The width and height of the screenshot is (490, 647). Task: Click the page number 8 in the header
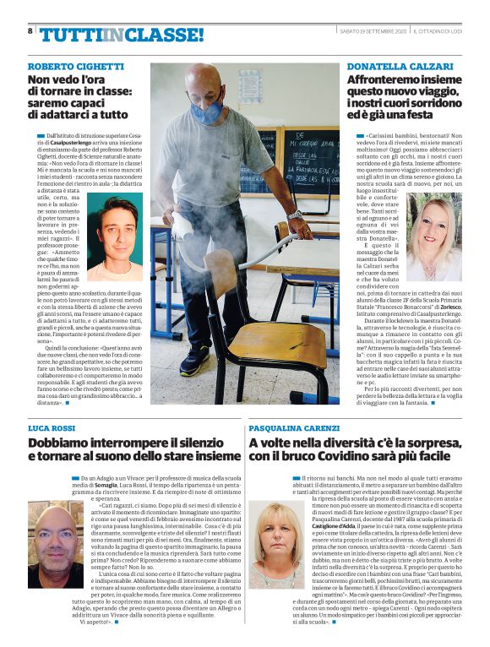[30, 30]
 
